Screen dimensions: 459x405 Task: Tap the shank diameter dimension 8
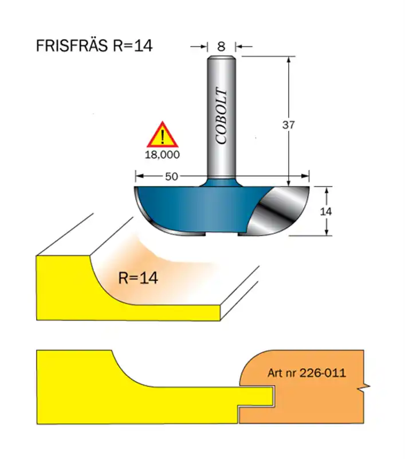[222, 46]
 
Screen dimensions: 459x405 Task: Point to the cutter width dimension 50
[171, 177]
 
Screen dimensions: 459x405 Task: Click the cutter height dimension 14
[325, 211]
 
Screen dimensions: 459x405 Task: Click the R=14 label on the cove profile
[137, 278]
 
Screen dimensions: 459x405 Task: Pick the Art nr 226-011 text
[306, 373]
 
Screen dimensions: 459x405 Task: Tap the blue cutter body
[195, 207]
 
